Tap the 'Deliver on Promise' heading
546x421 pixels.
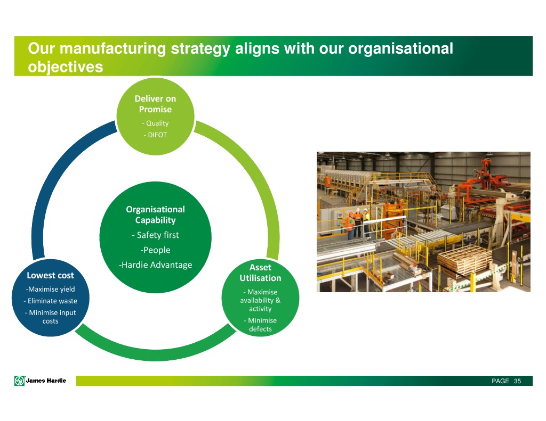click(155, 104)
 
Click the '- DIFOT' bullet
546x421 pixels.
click(155, 135)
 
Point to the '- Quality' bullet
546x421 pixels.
click(155, 123)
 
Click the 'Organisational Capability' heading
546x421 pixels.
click(155, 214)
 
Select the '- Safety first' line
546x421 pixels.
click(155, 235)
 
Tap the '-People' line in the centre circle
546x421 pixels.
click(155, 250)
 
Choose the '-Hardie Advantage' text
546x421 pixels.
click(155, 265)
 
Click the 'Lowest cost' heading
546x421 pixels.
click(50, 276)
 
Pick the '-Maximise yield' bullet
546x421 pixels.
click(50, 290)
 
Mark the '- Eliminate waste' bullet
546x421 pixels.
click(51, 301)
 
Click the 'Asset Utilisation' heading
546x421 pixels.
click(260, 273)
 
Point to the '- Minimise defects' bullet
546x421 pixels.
click(260, 325)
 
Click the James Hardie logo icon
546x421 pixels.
click(19, 381)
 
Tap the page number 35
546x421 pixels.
click(517, 381)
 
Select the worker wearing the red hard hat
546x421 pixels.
click(350, 224)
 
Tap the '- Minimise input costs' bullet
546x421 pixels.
click(51, 317)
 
